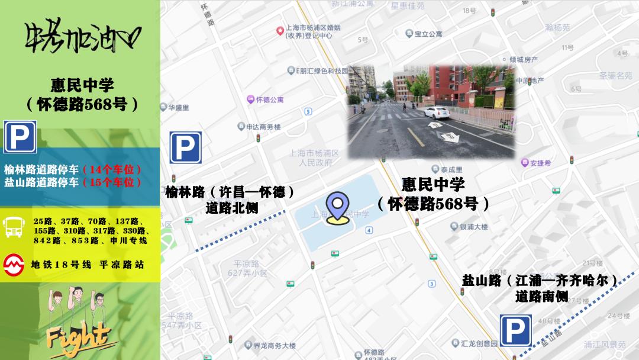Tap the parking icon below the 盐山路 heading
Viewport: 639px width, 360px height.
[515, 330]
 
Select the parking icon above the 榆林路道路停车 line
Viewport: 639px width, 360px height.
[20, 137]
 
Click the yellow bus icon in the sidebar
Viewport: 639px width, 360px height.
[14, 227]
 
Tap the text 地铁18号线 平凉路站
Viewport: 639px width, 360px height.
[88, 265]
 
